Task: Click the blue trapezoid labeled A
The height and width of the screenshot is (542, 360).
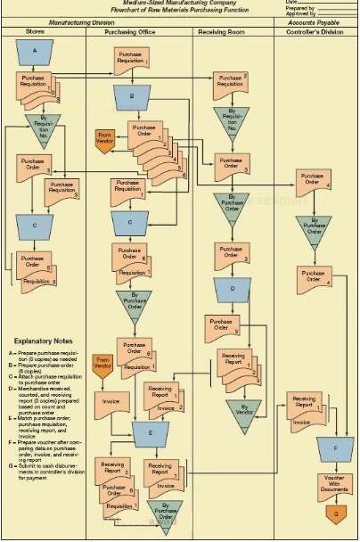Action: click(x=35, y=53)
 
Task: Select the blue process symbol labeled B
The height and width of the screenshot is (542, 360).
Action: click(x=132, y=95)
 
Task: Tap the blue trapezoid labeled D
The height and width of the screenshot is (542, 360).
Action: click(x=232, y=290)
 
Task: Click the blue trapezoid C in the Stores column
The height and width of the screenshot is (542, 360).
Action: click(x=35, y=226)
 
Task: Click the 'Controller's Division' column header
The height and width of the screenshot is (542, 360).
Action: click(x=315, y=31)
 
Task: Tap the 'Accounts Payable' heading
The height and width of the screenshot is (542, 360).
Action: click(x=315, y=21)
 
